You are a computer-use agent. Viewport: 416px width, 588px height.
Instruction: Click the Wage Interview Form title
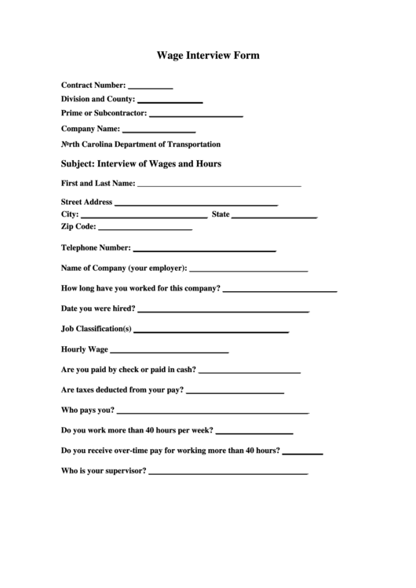(x=208, y=56)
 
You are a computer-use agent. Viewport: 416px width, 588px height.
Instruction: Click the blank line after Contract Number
(x=150, y=87)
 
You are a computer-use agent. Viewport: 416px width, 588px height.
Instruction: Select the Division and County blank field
(x=170, y=102)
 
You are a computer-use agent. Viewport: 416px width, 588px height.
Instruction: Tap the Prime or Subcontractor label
(x=104, y=113)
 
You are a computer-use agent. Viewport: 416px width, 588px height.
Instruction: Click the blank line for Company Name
(x=159, y=131)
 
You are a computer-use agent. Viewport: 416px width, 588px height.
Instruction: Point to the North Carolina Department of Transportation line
(x=140, y=144)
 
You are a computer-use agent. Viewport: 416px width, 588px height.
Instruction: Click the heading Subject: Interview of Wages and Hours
(x=141, y=164)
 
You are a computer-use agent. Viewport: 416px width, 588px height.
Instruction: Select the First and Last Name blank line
(x=219, y=186)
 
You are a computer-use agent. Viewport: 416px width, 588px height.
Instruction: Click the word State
(x=221, y=214)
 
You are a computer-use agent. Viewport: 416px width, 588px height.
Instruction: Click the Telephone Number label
(x=96, y=247)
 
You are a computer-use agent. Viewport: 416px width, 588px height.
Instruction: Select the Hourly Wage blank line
(x=170, y=352)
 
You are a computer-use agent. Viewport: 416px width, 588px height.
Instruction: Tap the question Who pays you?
(x=88, y=410)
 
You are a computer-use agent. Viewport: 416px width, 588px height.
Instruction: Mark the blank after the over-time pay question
(x=302, y=454)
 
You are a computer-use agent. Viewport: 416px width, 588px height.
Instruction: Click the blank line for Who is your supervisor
(x=228, y=474)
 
